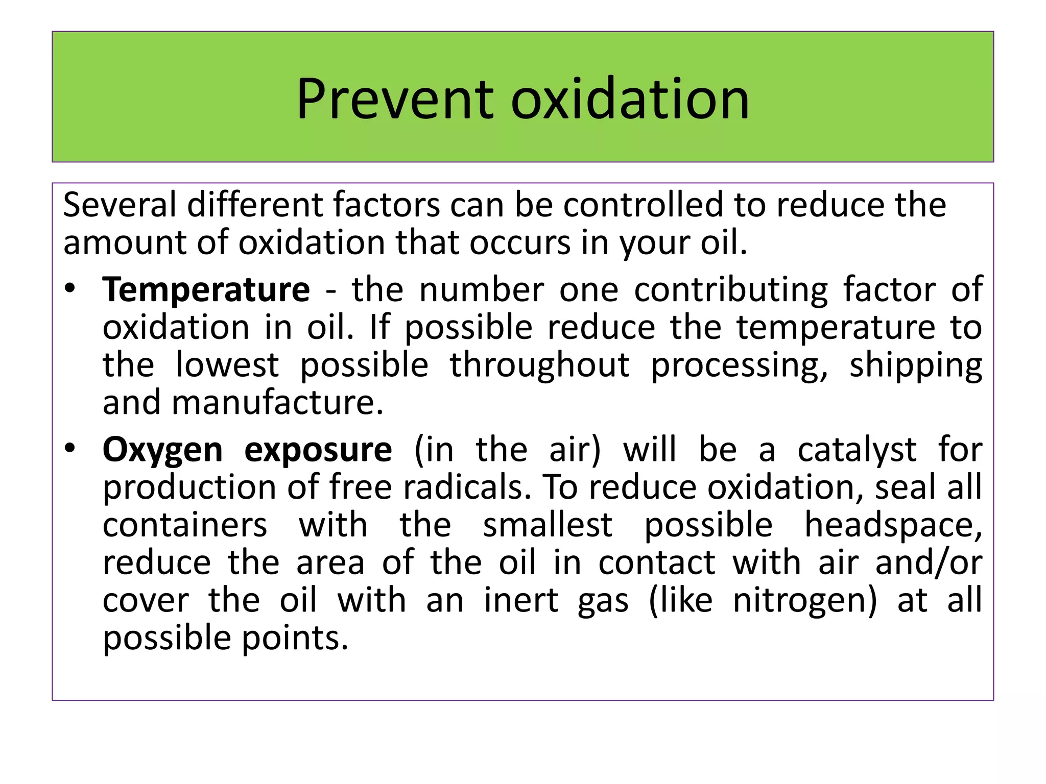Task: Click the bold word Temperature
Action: coord(206,289)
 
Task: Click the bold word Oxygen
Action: coord(162,451)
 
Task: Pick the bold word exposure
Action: coord(318,451)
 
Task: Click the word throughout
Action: coord(539,365)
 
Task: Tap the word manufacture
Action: coord(277,403)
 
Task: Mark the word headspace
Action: coord(893,525)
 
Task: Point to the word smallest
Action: coord(548,525)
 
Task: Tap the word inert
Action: coord(521,600)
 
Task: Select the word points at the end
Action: coord(295,639)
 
